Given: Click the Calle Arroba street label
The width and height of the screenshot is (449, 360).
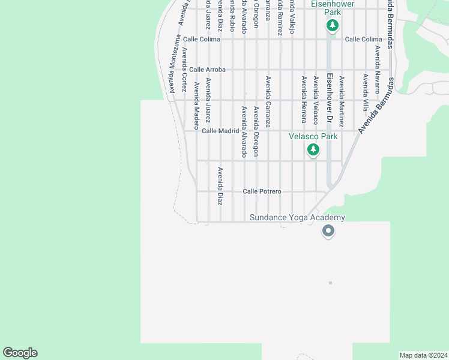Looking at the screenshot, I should (x=207, y=70).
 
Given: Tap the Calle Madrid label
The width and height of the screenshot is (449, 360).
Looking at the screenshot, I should (x=220, y=131).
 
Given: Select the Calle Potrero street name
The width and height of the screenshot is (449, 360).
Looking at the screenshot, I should (x=262, y=191).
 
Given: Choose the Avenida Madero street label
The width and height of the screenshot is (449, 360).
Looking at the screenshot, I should (x=196, y=106).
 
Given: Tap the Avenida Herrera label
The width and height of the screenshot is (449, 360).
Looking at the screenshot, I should (x=304, y=100).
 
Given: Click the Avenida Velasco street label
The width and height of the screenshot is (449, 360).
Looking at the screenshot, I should (x=315, y=100).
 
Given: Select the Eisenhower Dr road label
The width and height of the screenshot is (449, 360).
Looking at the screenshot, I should (x=329, y=98).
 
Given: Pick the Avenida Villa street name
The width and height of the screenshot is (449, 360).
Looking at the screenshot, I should (x=365, y=92).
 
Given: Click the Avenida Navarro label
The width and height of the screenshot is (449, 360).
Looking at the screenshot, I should (x=378, y=70).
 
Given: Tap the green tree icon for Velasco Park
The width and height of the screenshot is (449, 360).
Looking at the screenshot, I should (x=313, y=150).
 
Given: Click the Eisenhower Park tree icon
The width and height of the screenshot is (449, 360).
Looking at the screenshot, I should (x=333, y=26).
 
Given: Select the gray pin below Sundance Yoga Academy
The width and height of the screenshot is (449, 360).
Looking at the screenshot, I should (x=328, y=230).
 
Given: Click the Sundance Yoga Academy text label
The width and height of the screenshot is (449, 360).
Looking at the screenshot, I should (x=298, y=217).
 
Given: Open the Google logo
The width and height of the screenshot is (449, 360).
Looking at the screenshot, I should (x=20, y=353).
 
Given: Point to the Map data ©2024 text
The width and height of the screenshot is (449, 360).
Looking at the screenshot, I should (x=423, y=355).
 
